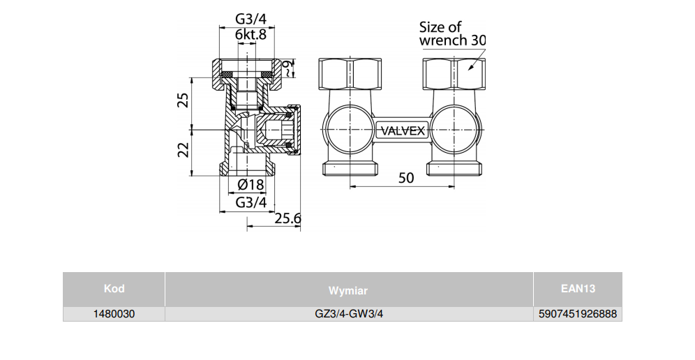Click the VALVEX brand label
point(401,130)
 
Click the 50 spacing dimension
point(405,177)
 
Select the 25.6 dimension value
point(287,218)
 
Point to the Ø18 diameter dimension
point(251,185)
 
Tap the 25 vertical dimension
point(183,99)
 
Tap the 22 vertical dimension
point(183,149)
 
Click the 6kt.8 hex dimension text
point(251,35)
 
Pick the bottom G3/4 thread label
point(251,202)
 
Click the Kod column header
point(114,289)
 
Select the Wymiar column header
point(348,290)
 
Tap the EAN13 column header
point(578,289)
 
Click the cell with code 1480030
point(114,315)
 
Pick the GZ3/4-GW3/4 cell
point(349,315)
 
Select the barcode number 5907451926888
point(578,315)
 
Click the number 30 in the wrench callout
point(478,40)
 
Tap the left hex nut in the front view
point(351,73)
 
